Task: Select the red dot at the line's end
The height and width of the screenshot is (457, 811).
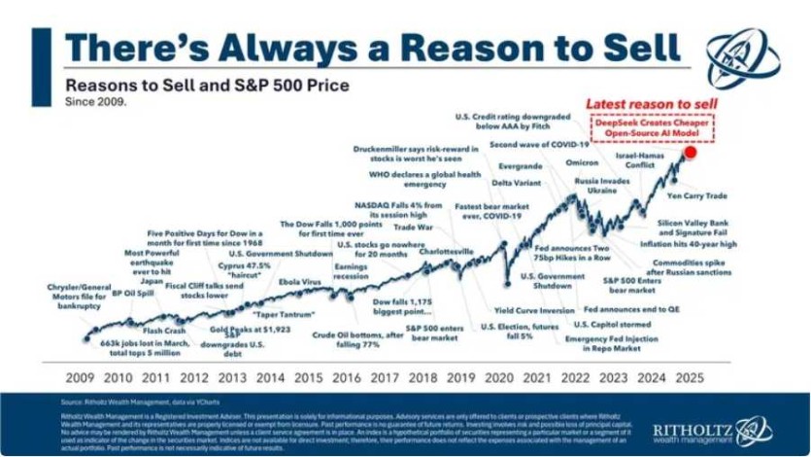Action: [x=690, y=152]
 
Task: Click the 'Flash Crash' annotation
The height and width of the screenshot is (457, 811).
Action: [x=151, y=331]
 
